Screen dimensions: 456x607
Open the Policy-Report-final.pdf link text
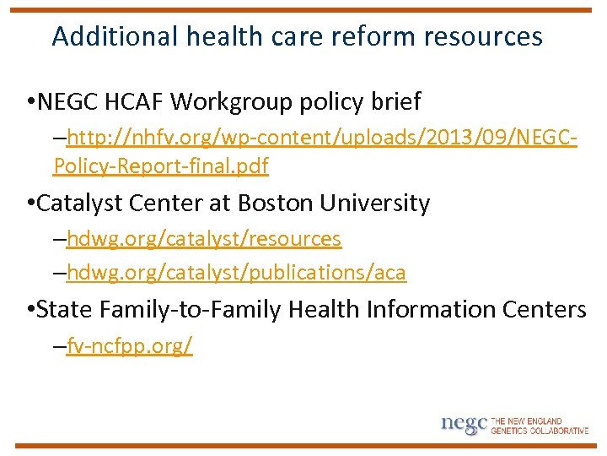click(x=161, y=166)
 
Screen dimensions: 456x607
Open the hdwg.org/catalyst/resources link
click(x=203, y=239)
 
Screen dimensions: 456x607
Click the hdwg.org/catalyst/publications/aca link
click(x=236, y=273)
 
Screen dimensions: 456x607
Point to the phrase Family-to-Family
click(x=190, y=310)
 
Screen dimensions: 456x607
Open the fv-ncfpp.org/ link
click(x=130, y=346)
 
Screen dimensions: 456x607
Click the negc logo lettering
click(x=464, y=424)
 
